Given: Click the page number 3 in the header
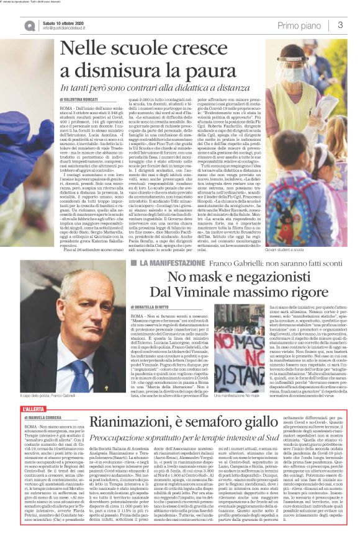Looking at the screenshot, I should (x=341, y=25).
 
